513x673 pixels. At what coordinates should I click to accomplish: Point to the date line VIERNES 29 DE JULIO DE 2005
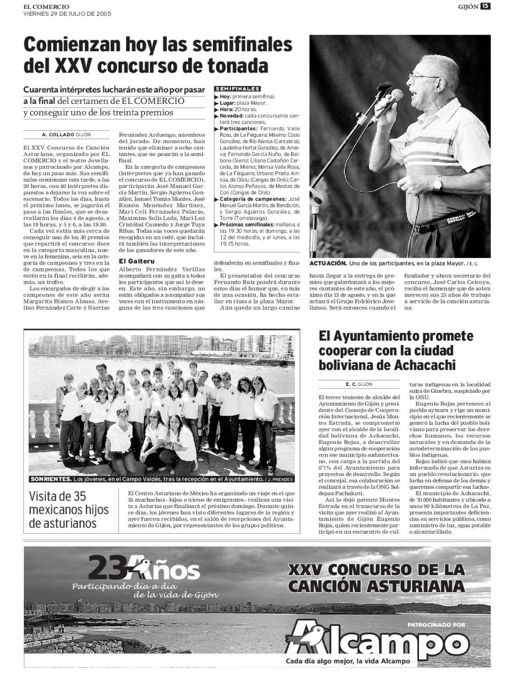pyautogui.click(x=67, y=13)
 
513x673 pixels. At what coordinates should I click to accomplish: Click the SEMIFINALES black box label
pyautogui.click(x=237, y=89)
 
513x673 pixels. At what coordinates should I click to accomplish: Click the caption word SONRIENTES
pyautogui.click(x=48, y=479)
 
